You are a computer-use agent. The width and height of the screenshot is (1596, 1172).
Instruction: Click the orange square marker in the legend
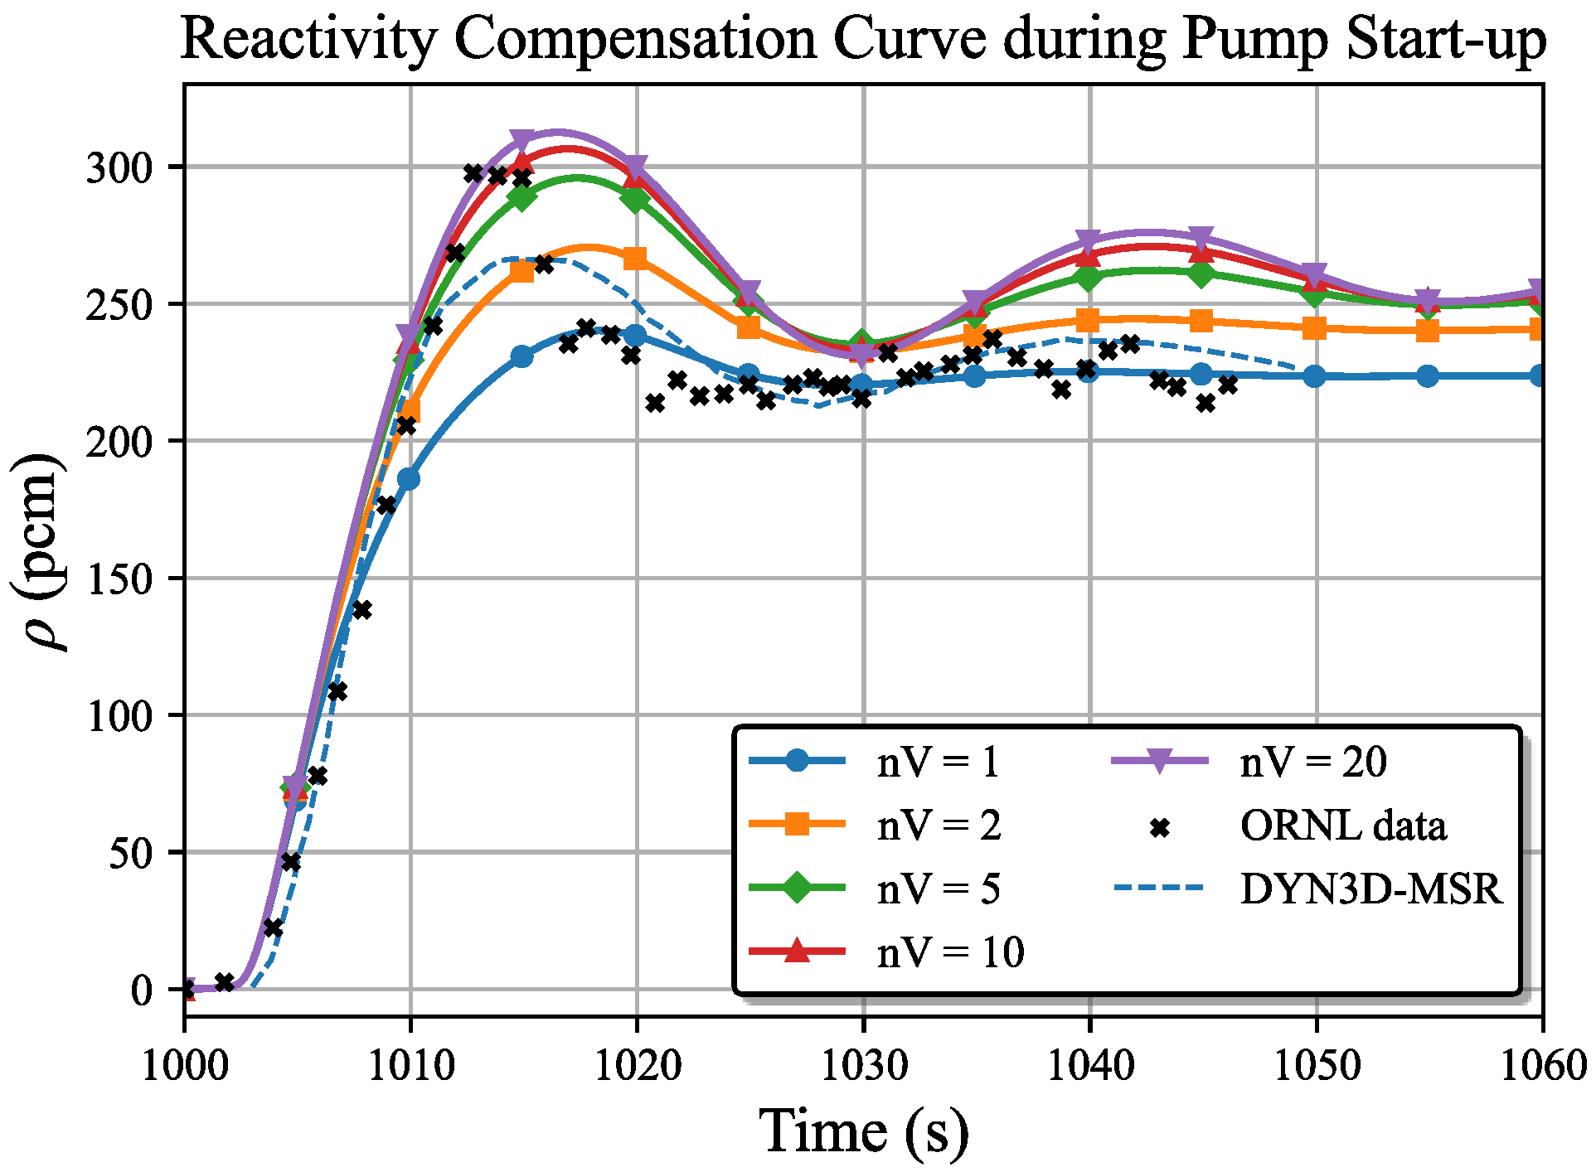click(x=797, y=825)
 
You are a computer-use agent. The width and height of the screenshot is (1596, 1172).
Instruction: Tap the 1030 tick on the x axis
click(x=863, y=1066)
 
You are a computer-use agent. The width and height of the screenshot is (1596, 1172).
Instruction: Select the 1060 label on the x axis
click(x=1542, y=1066)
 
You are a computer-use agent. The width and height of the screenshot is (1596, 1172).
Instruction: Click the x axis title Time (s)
click(x=863, y=1131)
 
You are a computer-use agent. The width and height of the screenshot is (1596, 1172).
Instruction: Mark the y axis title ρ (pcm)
click(x=37, y=551)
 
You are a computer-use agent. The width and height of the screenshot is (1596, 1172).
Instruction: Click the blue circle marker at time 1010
click(x=409, y=479)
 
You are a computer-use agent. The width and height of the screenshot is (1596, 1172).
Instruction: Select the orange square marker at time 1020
click(x=635, y=259)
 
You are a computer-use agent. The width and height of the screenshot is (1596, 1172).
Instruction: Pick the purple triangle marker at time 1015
click(x=522, y=139)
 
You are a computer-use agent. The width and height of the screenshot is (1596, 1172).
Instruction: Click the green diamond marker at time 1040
click(x=1089, y=277)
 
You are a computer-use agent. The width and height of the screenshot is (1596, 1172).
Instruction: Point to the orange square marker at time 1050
click(x=1315, y=328)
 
